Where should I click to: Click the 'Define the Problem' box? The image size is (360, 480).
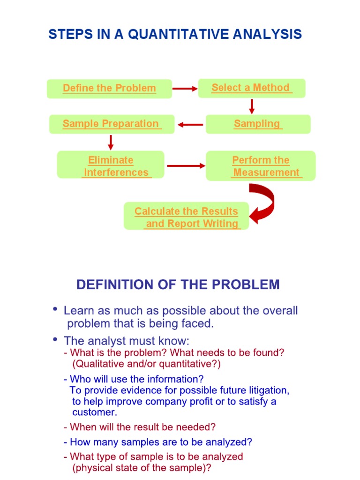(109, 89)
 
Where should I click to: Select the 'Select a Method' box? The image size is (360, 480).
(251, 88)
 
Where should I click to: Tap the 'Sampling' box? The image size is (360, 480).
(258, 124)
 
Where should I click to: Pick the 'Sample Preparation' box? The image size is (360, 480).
(112, 124)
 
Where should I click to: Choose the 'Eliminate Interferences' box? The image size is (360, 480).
(111, 165)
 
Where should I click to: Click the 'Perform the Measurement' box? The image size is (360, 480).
(261, 166)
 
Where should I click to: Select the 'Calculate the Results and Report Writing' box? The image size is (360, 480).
(186, 217)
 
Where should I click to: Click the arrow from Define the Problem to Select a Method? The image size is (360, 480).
(185, 88)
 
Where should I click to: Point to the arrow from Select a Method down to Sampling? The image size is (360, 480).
(252, 106)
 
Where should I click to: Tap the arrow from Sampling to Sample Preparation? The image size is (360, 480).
(190, 125)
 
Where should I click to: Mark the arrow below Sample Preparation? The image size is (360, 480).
(111, 142)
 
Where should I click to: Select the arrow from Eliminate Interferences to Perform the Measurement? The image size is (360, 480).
(186, 165)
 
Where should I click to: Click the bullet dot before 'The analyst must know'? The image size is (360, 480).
(56, 339)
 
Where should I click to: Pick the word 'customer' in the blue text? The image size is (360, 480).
(94, 412)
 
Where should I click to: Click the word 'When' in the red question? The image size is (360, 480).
(81, 427)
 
